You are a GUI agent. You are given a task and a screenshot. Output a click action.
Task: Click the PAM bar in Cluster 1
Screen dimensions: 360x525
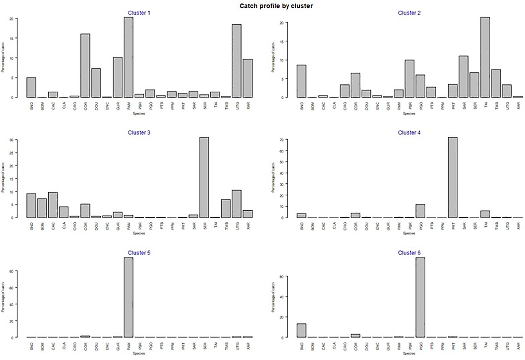[128, 57]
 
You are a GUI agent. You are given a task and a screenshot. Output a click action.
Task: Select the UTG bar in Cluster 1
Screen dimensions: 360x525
[236, 61]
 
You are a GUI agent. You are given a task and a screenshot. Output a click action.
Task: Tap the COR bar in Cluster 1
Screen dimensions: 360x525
[85, 66]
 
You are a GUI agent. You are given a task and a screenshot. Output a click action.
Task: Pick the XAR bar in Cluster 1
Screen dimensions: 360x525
[247, 78]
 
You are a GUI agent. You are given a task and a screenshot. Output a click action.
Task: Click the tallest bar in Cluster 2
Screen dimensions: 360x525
[485, 57]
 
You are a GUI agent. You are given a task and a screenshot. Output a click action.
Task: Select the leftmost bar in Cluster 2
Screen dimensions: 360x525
[301, 81]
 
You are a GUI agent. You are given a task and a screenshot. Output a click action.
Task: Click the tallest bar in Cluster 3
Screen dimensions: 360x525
[204, 178]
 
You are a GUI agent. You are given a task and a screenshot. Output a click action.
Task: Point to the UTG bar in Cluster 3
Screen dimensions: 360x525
[236, 204]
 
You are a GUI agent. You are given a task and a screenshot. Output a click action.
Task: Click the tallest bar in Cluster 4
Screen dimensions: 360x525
[452, 178]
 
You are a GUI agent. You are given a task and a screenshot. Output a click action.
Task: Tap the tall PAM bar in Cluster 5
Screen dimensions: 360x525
[128, 298]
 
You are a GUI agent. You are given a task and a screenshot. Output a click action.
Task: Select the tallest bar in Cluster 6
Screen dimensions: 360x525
[420, 298]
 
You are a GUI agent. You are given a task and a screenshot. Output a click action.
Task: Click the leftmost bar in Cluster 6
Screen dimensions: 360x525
[301, 330]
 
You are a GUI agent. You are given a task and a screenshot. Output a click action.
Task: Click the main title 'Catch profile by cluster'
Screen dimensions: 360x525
[276, 6]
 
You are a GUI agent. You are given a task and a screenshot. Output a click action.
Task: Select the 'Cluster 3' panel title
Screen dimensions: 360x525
[139, 133]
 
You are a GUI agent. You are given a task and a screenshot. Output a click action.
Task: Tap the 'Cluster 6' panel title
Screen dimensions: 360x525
[409, 253]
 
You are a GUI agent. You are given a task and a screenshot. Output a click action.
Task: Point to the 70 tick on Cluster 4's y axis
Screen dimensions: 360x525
[282, 139]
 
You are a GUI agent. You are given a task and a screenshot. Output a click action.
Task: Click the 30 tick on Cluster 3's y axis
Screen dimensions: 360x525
[12, 140]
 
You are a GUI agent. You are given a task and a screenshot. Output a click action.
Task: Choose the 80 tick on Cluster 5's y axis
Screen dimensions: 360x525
[12, 271]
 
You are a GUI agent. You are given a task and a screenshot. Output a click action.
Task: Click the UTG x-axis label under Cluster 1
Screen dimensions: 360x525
[237, 105]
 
